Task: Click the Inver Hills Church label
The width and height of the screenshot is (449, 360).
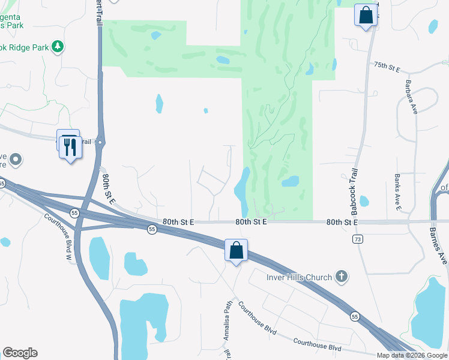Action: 299,277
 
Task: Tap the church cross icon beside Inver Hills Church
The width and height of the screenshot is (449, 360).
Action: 341,277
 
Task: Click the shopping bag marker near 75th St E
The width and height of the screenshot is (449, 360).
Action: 366,15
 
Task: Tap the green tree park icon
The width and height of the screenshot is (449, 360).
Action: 58,46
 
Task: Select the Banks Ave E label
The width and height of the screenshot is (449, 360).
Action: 397,191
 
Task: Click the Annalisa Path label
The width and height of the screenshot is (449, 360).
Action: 228,320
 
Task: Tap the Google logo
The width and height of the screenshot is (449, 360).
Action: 20,353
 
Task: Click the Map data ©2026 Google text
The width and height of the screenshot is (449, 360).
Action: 412,355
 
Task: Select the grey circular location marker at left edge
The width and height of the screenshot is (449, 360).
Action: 16,160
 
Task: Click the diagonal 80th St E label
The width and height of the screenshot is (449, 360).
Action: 107,190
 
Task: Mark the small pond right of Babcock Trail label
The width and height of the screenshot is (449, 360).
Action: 364,202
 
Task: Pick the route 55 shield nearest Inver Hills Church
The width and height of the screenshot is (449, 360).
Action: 355,316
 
